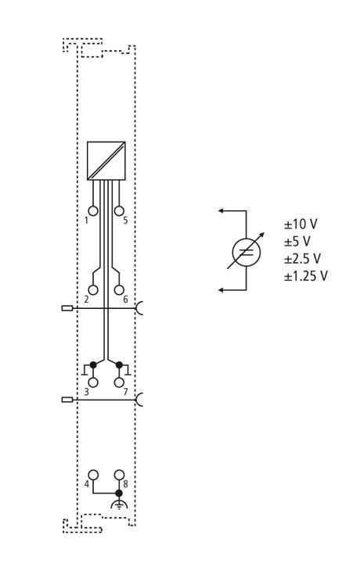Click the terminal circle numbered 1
coord(93,211)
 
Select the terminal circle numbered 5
coord(119,211)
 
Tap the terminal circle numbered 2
coord(93,290)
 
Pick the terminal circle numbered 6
coord(119,290)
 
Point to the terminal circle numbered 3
coord(93,382)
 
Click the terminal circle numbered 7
coord(119,382)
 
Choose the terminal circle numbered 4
coord(93,475)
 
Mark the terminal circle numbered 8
coord(119,475)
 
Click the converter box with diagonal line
coord(106,160)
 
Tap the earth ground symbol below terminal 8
coord(119,504)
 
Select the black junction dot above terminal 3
coord(93,365)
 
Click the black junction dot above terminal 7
coord(119,365)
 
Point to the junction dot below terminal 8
coord(119,493)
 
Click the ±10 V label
coord(301,224)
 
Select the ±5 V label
coord(297,241)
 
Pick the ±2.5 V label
coord(302,259)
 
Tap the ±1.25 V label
coord(306,275)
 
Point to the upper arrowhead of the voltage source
coord(221,210)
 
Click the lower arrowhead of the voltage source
coord(221,290)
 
